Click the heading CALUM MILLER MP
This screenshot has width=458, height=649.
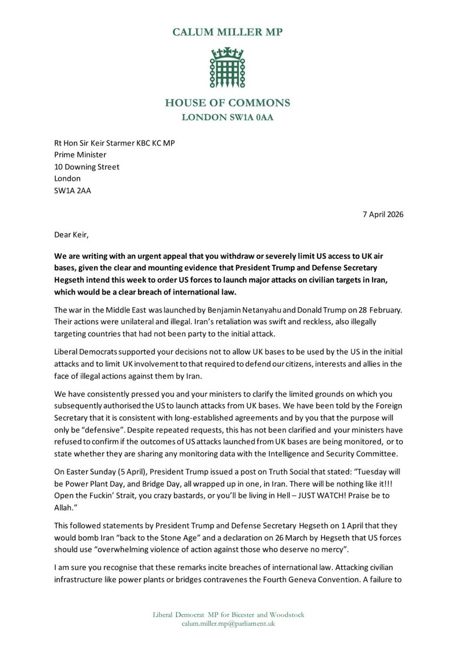tap(228, 32)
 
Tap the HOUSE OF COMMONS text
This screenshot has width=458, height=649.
tap(228, 103)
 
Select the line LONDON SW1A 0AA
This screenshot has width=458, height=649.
tap(228, 117)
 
